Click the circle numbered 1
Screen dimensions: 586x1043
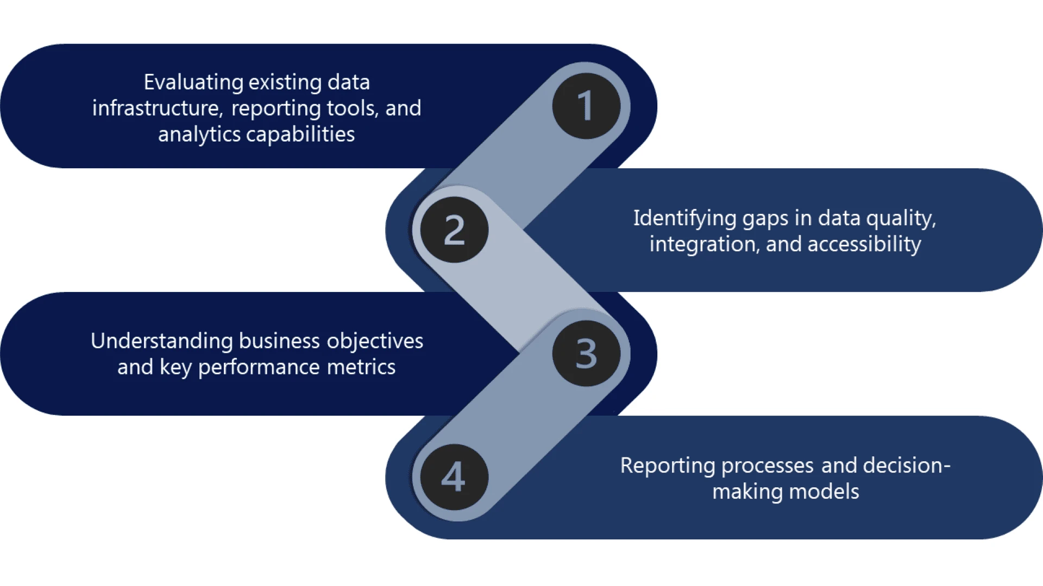[x=586, y=106]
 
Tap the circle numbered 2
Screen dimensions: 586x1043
[x=454, y=230]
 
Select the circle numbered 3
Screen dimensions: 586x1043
[x=586, y=353]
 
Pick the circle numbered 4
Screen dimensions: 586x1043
[x=454, y=477]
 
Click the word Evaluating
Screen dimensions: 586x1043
[x=193, y=82]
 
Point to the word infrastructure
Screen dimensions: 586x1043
[x=157, y=108]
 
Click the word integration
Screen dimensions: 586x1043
[x=704, y=244]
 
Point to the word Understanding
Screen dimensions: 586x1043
[x=161, y=341]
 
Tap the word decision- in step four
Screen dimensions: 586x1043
[x=906, y=466]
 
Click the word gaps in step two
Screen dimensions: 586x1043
[x=765, y=219]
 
